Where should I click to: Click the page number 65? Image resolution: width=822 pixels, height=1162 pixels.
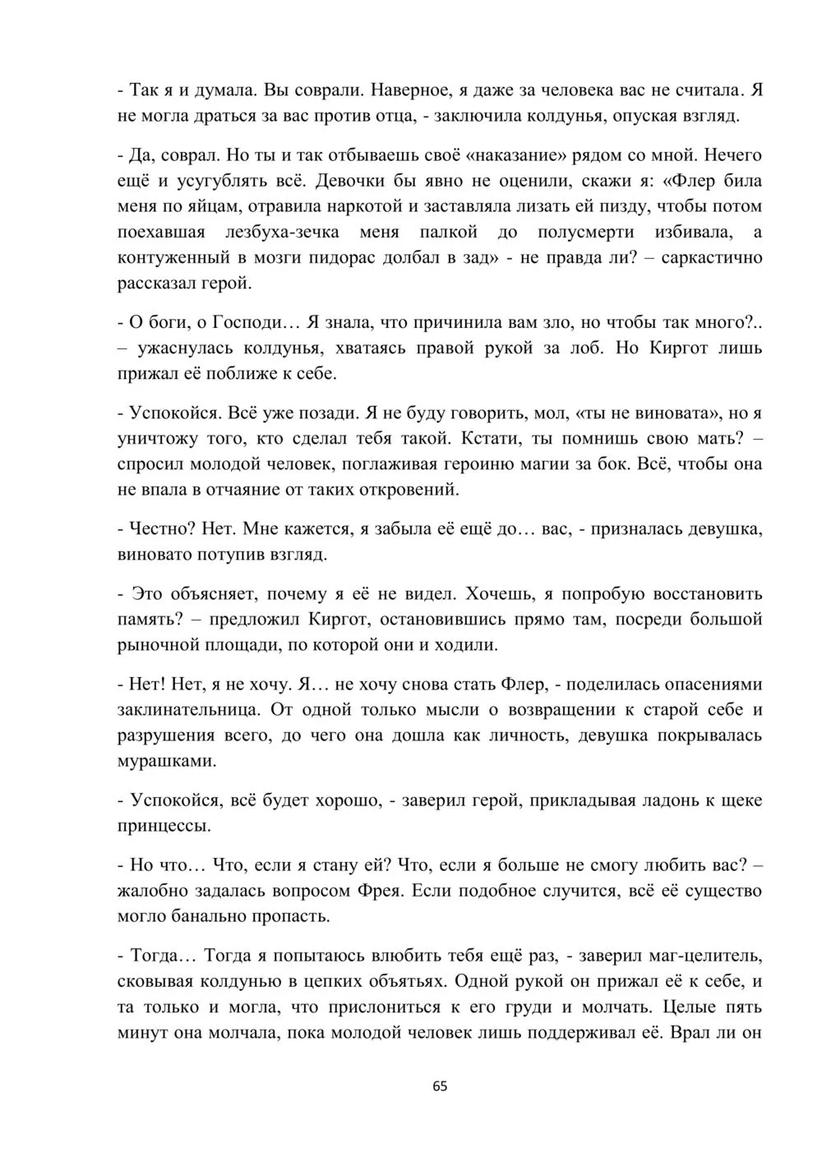(x=440, y=1086)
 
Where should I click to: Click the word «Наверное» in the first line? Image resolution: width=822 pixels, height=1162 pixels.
(x=407, y=90)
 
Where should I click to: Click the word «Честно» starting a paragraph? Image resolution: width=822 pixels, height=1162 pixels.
(x=156, y=529)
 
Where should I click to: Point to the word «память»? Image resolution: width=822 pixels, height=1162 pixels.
(x=149, y=619)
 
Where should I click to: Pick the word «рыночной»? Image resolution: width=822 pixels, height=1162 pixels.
(x=156, y=644)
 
